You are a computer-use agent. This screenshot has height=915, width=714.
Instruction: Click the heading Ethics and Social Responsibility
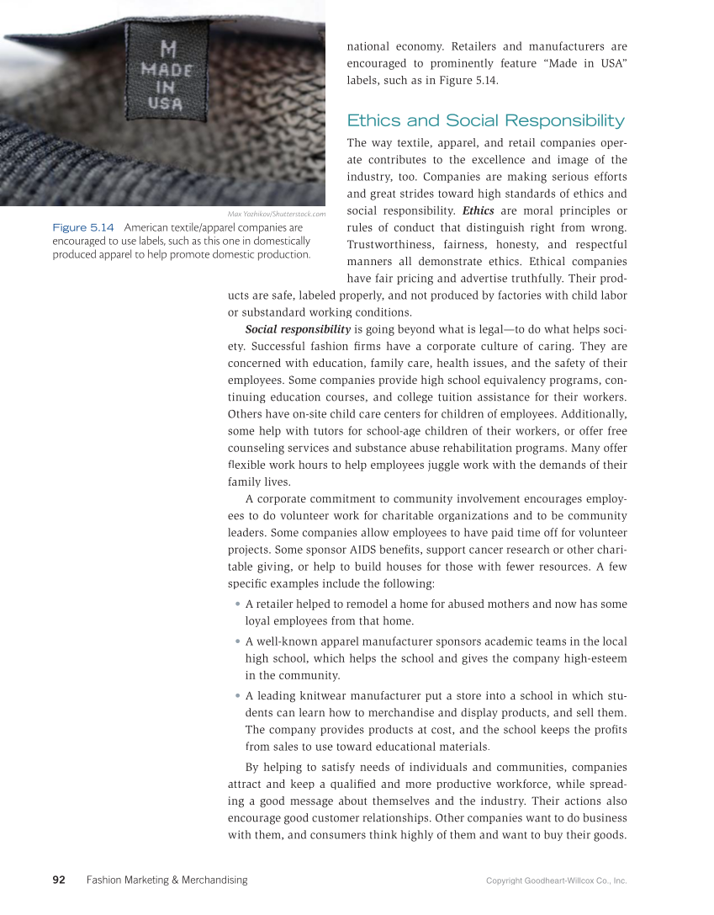[485, 120]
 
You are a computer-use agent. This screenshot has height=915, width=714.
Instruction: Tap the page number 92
[59, 880]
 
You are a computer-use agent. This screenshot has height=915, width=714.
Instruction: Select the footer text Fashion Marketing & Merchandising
[167, 880]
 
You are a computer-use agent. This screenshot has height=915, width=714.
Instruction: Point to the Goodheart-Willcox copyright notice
[556, 880]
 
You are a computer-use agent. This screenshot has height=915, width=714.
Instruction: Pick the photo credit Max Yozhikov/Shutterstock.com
[277, 214]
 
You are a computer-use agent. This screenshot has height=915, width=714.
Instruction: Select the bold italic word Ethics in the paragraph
[478, 210]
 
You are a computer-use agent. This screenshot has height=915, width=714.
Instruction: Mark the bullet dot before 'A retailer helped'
[239, 604]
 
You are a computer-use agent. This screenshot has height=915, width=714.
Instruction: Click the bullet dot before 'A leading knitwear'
[239, 696]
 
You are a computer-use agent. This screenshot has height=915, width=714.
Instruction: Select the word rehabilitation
[487, 447]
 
